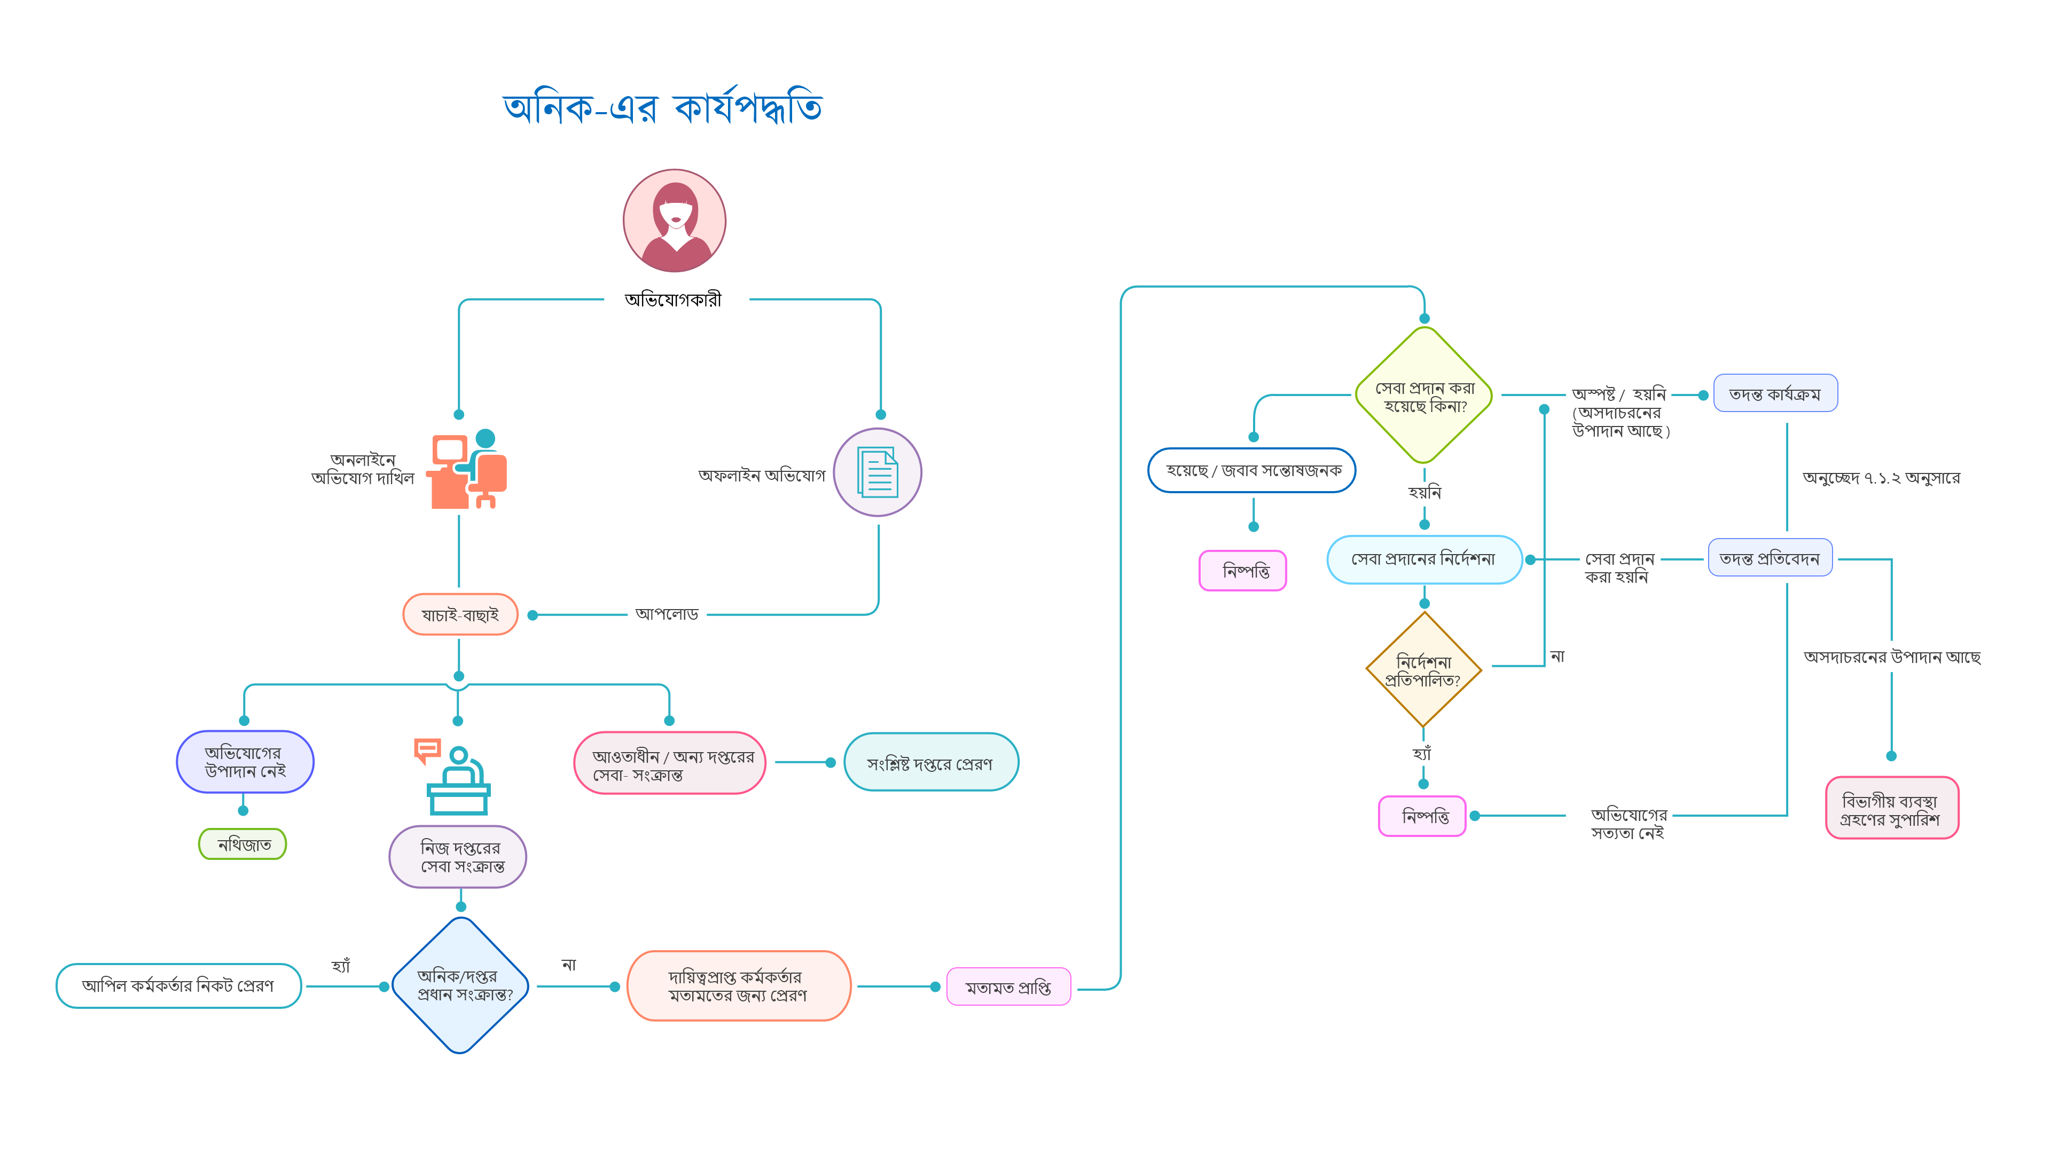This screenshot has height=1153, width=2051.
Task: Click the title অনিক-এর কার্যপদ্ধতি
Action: pyautogui.click(x=662, y=107)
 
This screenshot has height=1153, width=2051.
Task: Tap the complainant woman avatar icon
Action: pyautogui.click(x=674, y=220)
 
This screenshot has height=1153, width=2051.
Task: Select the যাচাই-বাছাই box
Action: pyautogui.click(x=460, y=614)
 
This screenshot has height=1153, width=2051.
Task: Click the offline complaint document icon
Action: pyautogui.click(x=878, y=472)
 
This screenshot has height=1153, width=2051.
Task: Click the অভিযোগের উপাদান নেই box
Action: pyautogui.click(x=245, y=762)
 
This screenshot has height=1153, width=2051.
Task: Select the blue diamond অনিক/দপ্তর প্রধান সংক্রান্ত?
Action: pyautogui.click(x=461, y=985)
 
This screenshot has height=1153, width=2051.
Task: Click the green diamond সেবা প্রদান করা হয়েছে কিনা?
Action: pyautogui.click(x=1423, y=396)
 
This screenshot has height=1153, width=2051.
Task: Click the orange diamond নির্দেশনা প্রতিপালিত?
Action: pyautogui.click(x=1423, y=670)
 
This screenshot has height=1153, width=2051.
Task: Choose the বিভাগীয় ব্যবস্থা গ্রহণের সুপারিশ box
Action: pyautogui.click(x=1891, y=809)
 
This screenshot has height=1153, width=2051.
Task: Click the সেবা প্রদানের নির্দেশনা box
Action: pyautogui.click(x=1423, y=559)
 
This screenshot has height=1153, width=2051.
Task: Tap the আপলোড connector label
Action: pyautogui.click(x=667, y=614)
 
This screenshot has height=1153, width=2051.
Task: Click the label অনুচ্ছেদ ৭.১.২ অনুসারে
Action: pyautogui.click(x=1881, y=477)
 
